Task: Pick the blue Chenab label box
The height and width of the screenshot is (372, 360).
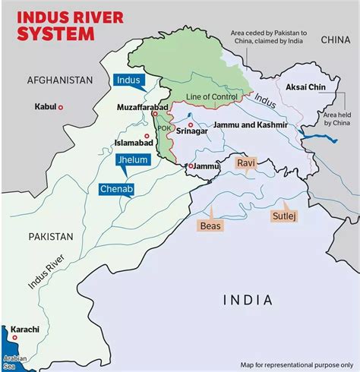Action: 115,188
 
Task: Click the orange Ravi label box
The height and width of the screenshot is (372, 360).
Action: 245,163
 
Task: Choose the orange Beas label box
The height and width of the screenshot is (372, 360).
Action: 210,225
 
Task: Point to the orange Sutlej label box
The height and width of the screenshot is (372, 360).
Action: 282,216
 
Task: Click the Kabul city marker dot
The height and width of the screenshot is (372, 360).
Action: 61,107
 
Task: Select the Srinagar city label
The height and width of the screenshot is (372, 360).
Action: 192,131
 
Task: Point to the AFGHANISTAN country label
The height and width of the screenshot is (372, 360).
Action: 59,80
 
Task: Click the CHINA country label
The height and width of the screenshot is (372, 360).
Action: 335,39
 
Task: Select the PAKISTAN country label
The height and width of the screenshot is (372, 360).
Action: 51,236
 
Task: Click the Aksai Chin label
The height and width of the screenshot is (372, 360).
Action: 306,87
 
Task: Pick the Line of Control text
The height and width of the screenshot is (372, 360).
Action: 213,96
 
